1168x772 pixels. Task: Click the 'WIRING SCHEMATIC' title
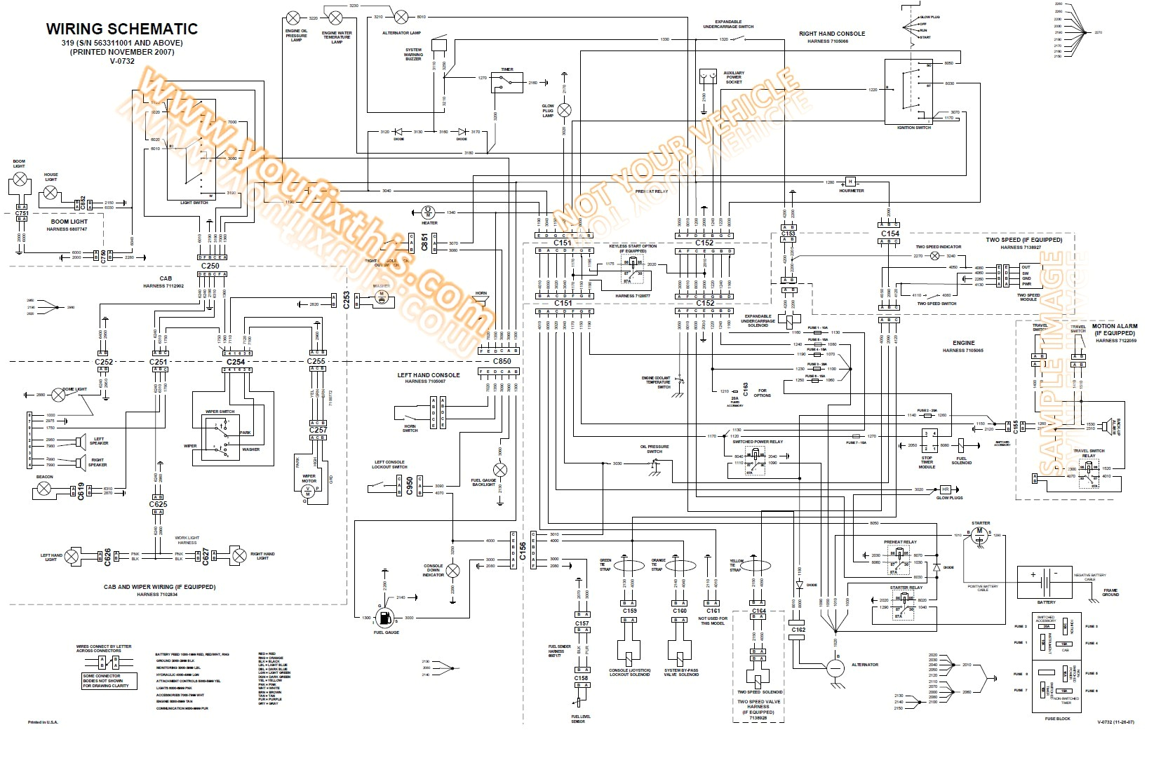tap(122, 29)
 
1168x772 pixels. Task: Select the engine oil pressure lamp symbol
tap(293, 18)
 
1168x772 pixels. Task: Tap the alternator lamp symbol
tap(401, 17)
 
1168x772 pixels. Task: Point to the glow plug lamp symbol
tap(564, 110)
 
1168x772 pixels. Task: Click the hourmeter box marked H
tap(850, 182)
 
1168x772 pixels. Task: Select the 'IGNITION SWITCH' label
tap(913, 128)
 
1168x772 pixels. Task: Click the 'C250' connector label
tap(210, 266)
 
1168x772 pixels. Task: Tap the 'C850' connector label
tap(502, 361)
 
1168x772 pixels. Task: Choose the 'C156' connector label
tap(523, 550)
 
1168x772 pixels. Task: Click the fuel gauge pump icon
tap(386, 618)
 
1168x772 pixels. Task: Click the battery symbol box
tap(1045, 582)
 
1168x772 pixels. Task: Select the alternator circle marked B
tap(835, 667)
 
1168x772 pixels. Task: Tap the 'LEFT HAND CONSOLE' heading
tap(429, 375)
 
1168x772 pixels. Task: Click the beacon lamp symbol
tap(44, 487)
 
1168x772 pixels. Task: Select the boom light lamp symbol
tap(21, 180)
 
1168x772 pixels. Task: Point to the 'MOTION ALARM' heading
tap(1115, 326)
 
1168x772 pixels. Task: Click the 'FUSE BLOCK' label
tap(1057, 719)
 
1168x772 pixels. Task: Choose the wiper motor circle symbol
tap(307, 493)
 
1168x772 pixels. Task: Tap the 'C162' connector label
tap(798, 630)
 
